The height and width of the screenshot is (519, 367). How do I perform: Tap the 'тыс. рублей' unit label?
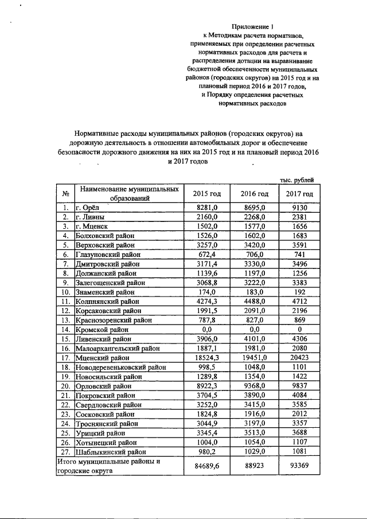(x=296, y=180)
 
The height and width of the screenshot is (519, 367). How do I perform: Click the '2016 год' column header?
(x=255, y=193)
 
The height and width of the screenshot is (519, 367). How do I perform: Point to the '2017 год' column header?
(x=299, y=193)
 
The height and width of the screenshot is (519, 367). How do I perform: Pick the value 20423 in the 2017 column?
(x=299, y=357)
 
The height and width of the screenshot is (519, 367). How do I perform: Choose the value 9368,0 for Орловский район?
(x=255, y=385)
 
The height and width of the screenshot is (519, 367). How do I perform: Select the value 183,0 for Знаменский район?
(x=255, y=292)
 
